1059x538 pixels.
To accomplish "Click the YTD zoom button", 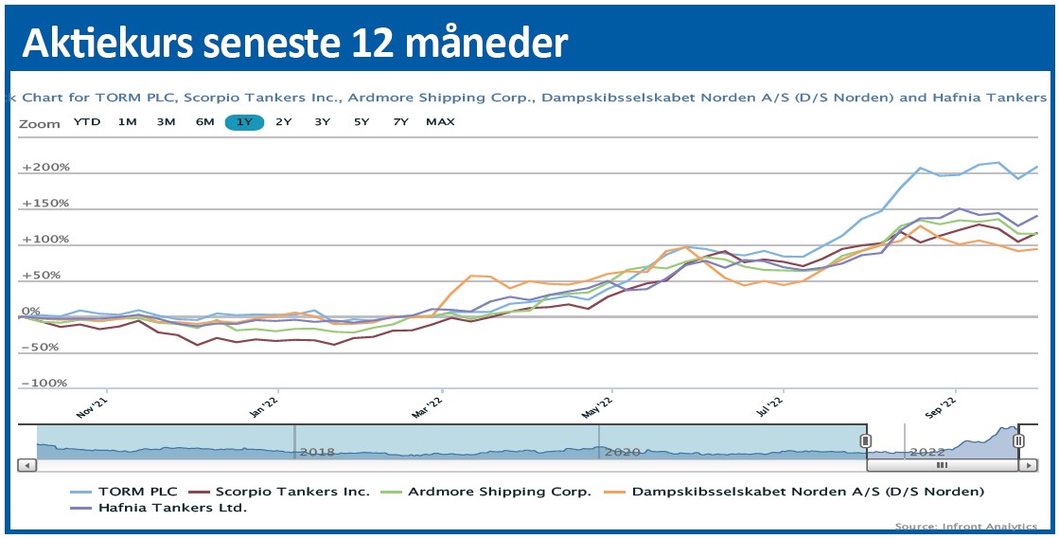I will click(87, 122).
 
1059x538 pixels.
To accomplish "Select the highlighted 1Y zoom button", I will click(244, 122).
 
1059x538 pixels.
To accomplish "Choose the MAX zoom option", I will click(440, 122).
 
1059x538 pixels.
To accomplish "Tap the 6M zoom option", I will click(204, 122).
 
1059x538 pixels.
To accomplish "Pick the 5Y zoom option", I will click(362, 122).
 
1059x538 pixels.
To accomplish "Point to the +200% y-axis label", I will click(46, 168).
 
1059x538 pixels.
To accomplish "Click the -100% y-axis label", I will click(44, 384).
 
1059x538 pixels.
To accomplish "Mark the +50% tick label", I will click(43, 276).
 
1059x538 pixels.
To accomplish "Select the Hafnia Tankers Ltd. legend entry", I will click(172, 508).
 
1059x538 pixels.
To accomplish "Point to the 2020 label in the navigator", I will click(622, 452).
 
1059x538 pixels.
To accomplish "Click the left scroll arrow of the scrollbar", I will click(27, 465).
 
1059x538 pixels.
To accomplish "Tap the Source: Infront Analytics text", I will click(966, 526).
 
